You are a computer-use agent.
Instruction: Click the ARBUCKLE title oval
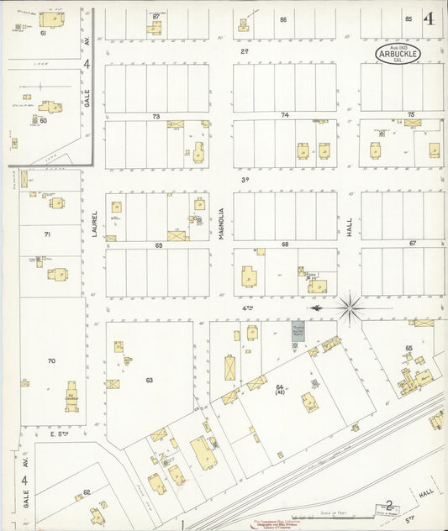coord(394,53)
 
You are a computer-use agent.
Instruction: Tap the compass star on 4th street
coord(350,308)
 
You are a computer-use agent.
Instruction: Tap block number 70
coord(51,361)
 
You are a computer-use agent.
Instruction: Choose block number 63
coord(149,381)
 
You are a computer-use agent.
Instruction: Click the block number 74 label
coord(285,114)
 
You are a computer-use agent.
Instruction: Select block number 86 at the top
coord(283,19)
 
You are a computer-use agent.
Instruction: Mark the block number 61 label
coord(43,34)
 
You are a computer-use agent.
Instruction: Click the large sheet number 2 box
coord(387,506)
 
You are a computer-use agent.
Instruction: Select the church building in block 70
coord(72,395)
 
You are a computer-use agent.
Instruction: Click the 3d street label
coord(246,180)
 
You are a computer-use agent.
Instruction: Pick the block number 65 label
coord(408,347)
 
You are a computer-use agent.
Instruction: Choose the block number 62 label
coord(87,493)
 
